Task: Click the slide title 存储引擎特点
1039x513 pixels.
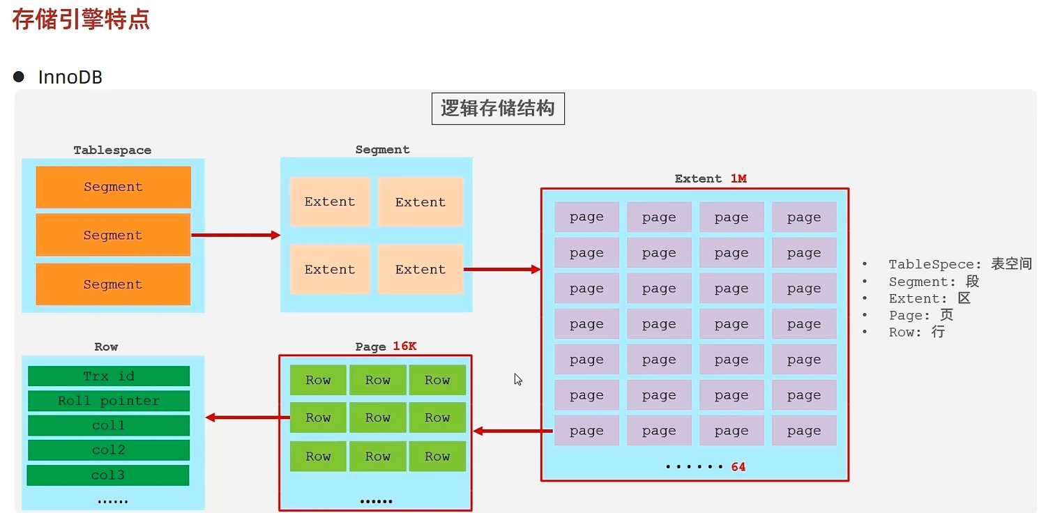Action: point(81,19)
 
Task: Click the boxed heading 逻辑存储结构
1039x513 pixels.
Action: point(498,109)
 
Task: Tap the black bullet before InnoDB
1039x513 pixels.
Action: point(19,77)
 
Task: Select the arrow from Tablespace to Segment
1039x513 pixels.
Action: point(235,235)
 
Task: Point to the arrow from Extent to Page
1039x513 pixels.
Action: point(513,431)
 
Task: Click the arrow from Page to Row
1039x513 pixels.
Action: point(248,418)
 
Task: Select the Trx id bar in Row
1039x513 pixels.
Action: point(109,376)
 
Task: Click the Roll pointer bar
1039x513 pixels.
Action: point(109,401)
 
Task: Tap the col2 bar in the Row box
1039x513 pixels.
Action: point(109,450)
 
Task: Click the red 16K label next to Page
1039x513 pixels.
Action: point(404,346)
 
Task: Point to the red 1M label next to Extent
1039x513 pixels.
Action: point(738,178)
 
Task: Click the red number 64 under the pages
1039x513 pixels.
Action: point(738,467)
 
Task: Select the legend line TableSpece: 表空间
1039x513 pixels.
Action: point(960,264)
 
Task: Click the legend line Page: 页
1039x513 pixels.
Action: point(920,315)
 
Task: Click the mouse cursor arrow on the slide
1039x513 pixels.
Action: point(518,379)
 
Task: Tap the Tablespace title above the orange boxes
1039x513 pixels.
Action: point(112,151)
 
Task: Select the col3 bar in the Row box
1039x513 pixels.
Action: point(108,475)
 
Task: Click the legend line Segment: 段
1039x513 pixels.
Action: point(933,282)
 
